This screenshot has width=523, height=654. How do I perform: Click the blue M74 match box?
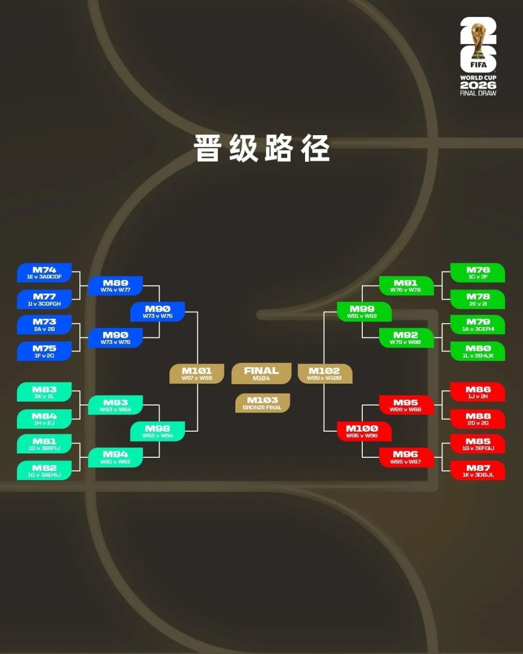(x=44, y=273)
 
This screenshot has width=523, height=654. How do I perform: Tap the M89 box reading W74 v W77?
(x=115, y=286)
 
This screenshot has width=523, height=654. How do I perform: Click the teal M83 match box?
(x=44, y=392)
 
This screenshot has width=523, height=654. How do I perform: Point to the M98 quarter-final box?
(x=157, y=432)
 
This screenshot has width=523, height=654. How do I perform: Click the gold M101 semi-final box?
(x=197, y=374)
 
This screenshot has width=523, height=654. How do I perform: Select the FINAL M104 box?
(x=261, y=374)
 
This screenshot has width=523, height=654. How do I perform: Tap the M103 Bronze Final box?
(x=262, y=403)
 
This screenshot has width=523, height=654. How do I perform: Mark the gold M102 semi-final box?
(x=325, y=374)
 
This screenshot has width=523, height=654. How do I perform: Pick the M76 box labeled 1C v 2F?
(x=478, y=273)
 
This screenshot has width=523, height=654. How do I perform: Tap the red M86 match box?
(x=478, y=392)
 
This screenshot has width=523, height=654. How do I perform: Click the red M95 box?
(x=406, y=405)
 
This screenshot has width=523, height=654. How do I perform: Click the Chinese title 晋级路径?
(x=262, y=148)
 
